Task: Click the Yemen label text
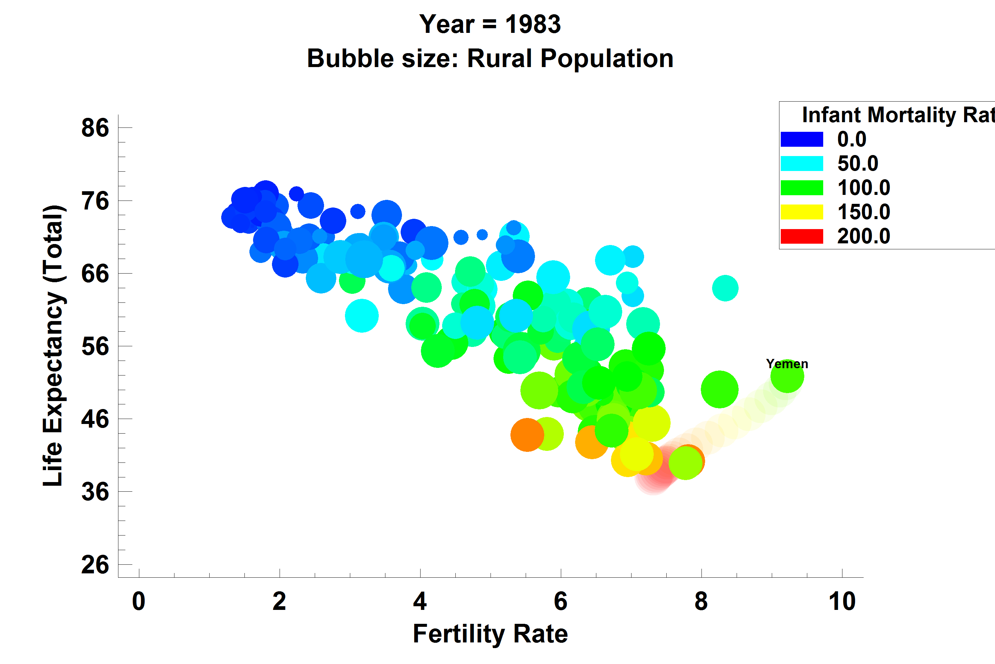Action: (787, 364)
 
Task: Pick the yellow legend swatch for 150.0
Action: (802, 212)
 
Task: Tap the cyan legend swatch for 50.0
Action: (802, 163)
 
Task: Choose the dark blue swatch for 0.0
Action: (802, 139)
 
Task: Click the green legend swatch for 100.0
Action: (802, 188)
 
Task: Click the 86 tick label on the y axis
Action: (95, 127)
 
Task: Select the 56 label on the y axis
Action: (95, 346)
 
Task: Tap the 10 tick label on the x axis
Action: (842, 601)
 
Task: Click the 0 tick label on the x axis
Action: (139, 601)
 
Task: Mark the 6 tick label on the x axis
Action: (561, 601)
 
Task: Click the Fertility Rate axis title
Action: (490, 634)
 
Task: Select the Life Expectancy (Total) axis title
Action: (54, 346)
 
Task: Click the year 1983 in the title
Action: (533, 24)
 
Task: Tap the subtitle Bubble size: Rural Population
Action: (490, 58)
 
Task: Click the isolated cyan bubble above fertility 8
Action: (725, 288)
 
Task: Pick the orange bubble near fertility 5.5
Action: (527, 435)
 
